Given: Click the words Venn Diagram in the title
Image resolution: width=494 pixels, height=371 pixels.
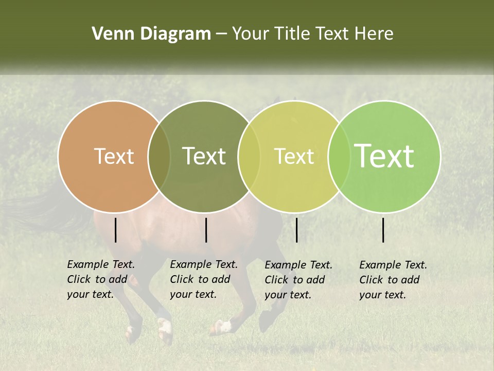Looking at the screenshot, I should pos(151,34).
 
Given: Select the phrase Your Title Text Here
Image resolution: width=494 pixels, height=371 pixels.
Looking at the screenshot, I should pos(312,34).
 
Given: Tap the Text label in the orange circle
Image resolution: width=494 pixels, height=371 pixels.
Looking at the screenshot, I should pos(114,156).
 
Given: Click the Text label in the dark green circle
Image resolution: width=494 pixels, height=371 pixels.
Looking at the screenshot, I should pos(204,156).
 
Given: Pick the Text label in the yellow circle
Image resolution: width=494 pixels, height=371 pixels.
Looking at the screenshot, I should pos(294,156).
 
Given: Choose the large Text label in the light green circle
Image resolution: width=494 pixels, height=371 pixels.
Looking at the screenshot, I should pos(384,156).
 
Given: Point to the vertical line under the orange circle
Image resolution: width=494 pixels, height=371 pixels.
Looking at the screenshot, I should pos(115,230).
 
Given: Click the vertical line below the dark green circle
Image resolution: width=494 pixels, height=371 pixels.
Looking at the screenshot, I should pos(206,230).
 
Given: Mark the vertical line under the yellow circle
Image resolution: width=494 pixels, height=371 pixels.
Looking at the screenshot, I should pos(296,230).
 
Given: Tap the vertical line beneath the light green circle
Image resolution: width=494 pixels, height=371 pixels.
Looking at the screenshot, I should pos(383,230).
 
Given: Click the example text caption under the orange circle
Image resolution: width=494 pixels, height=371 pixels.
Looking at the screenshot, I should pos(101,279).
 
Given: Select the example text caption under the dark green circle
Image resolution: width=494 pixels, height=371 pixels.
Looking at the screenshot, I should pos(204,279).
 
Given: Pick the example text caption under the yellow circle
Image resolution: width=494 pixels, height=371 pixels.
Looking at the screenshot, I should pos(298,280).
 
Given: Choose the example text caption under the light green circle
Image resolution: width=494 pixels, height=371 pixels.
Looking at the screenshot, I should pos(393,280).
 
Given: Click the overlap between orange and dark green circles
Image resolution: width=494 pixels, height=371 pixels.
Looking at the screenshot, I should pos(159,156).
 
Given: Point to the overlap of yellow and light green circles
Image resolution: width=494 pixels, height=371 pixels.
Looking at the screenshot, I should pos(337,156).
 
